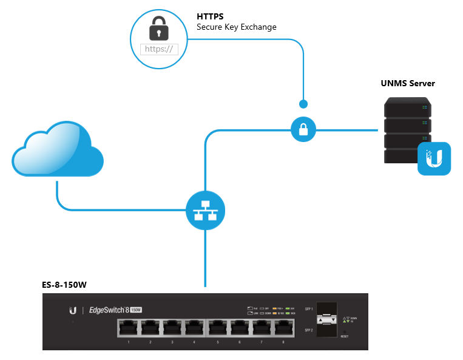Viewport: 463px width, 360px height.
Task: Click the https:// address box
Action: (x=160, y=49)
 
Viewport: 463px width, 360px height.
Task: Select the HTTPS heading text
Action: (x=210, y=16)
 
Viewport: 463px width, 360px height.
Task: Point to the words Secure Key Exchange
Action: (x=236, y=27)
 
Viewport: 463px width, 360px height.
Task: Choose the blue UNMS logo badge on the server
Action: (x=434, y=158)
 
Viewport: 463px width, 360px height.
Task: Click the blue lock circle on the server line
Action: (x=303, y=129)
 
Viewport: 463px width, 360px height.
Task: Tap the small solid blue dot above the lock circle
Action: (x=303, y=104)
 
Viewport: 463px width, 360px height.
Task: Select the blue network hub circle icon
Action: (x=205, y=210)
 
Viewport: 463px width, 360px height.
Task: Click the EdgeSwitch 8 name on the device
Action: (x=109, y=310)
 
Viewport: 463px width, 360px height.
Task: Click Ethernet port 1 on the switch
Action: (x=129, y=328)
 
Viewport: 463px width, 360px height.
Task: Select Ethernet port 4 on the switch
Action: (x=194, y=328)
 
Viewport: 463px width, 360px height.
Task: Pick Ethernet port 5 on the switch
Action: (x=218, y=328)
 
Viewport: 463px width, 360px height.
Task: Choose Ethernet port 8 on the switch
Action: (x=283, y=328)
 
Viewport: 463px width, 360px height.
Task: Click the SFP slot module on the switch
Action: (x=328, y=319)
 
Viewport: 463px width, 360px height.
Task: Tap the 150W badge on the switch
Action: (x=135, y=310)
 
